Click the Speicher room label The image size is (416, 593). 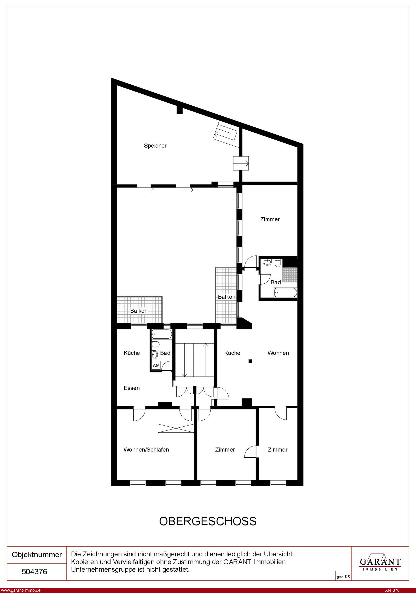point(155,146)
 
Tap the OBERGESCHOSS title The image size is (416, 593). point(208,521)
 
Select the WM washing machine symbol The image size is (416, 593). point(156,365)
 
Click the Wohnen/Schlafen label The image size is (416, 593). point(146,450)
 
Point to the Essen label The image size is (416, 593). point(132,388)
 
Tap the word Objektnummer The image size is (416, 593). point(37,555)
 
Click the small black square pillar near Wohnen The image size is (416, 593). point(250,361)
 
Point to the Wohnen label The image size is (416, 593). point(278,353)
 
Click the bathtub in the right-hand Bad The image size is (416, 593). point(285,293)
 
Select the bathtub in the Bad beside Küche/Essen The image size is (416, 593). point(162,334)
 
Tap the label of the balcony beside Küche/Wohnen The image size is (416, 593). point(227,297)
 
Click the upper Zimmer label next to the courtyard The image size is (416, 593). point(270,220)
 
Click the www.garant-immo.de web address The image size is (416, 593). point(20,590)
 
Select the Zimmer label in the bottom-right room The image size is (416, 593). point(278,450)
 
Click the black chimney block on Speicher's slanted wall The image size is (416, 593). point(180,110)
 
